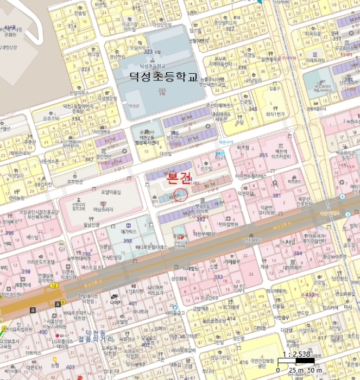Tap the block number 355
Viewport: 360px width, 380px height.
(263, 155)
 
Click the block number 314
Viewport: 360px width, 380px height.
(72, 26)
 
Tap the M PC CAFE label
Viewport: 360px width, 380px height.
(239, 288)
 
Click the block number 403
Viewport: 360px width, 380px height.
(70, 367)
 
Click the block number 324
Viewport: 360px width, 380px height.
(86, 69)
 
